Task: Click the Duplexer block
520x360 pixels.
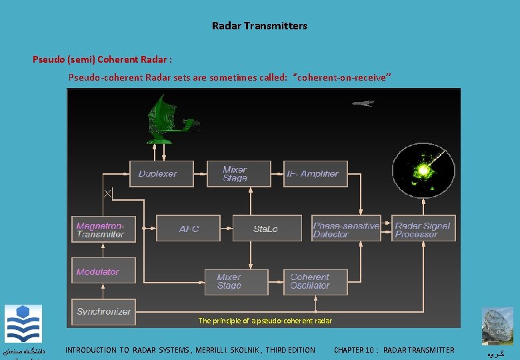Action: coord(161,174)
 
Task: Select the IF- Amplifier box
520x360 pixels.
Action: coord(316,174)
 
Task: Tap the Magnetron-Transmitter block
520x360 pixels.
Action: coord(103,229)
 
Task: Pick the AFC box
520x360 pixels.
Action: coord(188,229)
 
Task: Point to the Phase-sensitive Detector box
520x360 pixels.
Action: coord(346,229)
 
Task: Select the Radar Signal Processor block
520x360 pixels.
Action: coord(424,229)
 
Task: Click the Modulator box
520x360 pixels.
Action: coord(103,271)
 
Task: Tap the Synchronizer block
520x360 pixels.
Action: coord(103,311)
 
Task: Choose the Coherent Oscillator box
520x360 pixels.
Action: coord(316,281)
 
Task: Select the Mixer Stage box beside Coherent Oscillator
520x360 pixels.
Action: coord(236,281)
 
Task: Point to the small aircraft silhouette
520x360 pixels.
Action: coord(363,103)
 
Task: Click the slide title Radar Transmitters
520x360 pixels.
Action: coord(259,26)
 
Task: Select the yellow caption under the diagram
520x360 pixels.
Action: coord(265,321)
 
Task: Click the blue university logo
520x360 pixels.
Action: coord(23,324)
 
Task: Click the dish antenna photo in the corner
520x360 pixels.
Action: coord(498,327)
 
